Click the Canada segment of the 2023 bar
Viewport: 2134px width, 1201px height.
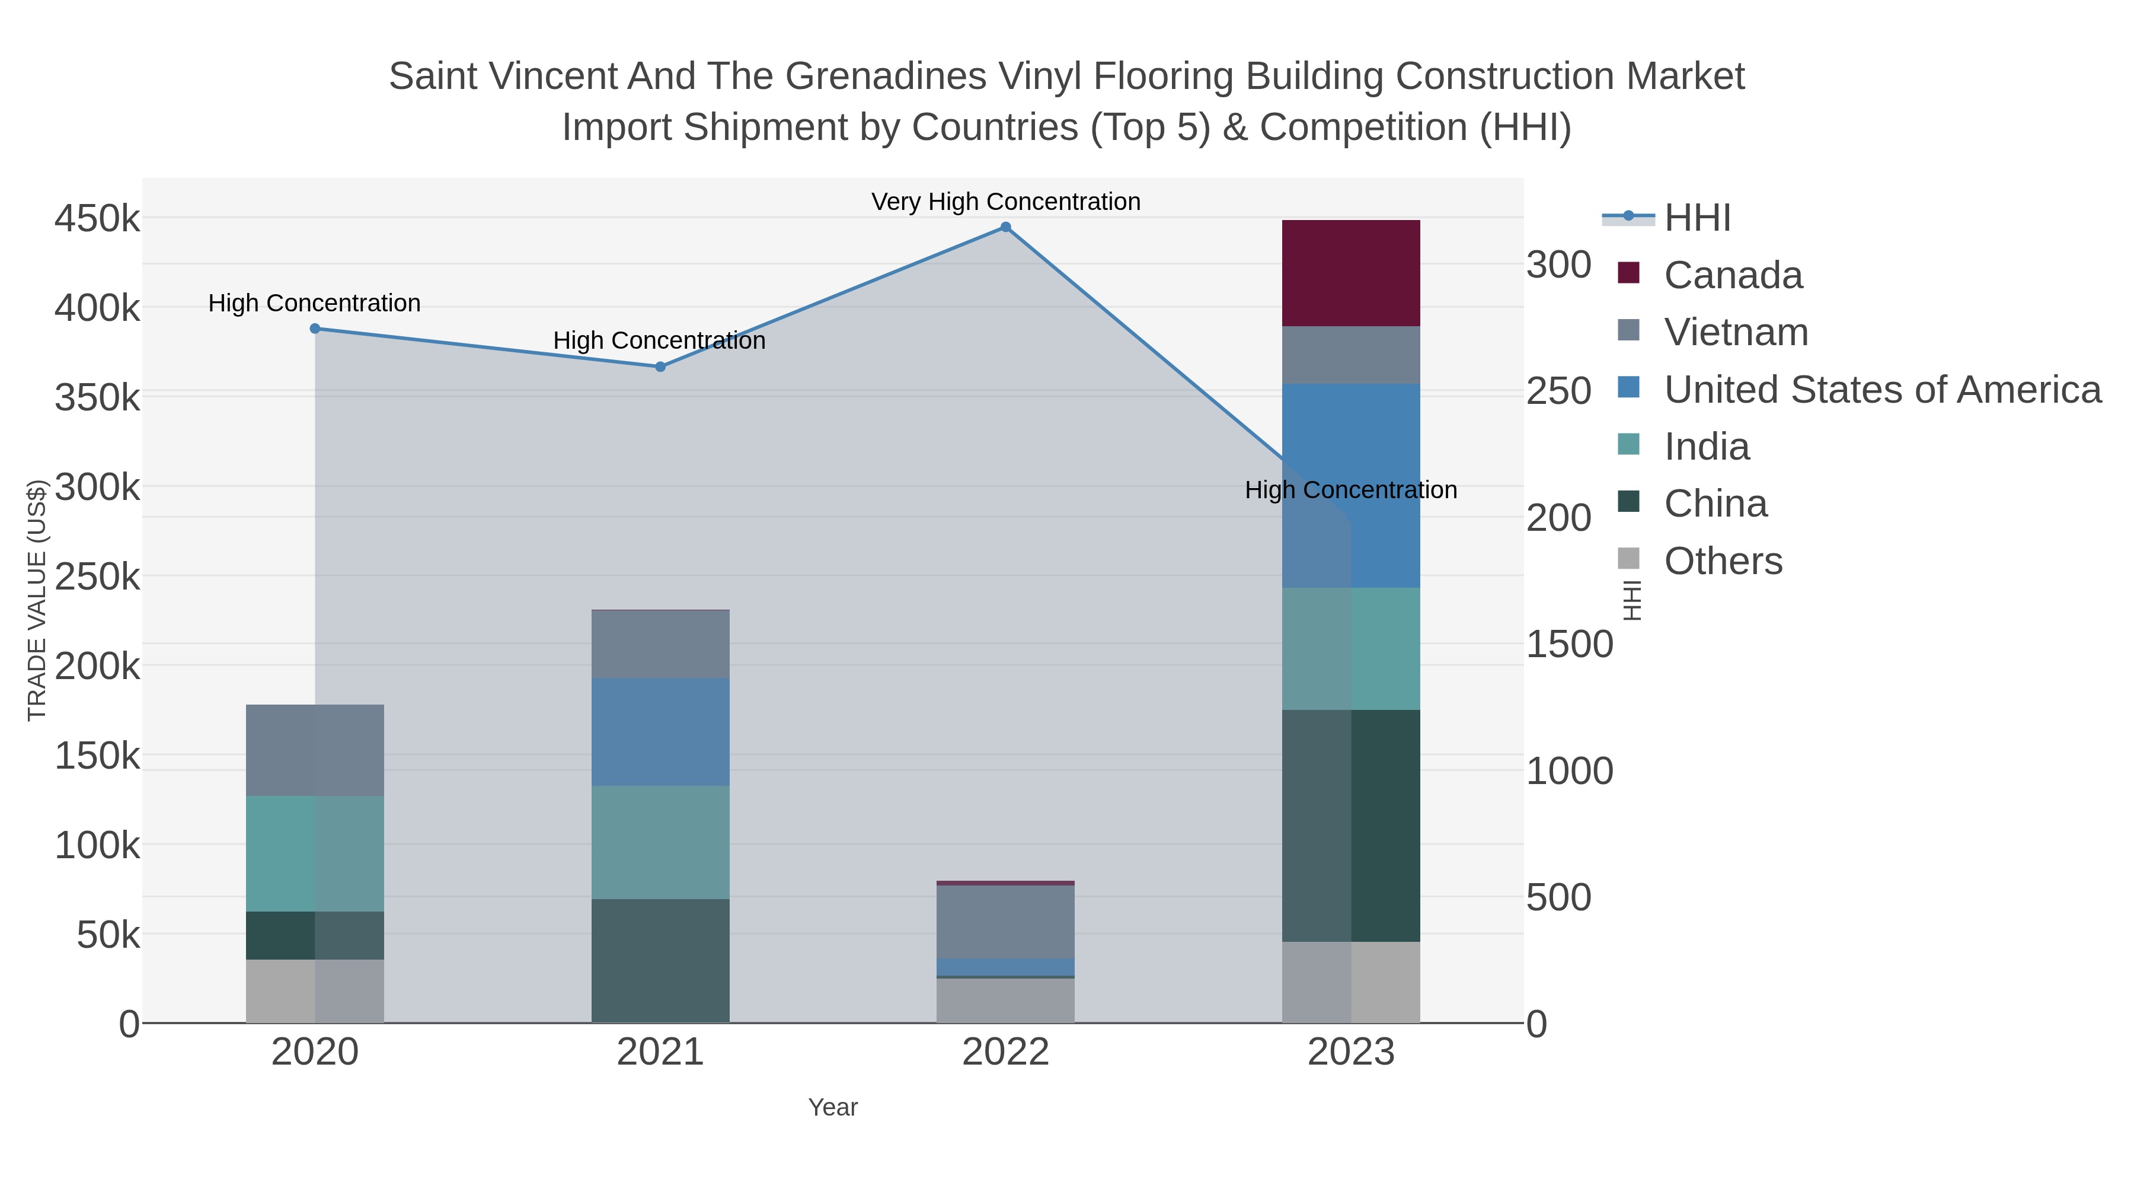[1350, 273]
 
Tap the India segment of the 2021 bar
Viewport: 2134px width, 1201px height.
[660, 842]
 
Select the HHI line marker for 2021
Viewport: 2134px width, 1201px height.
[660, 367]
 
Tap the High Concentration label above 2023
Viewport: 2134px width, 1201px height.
[1350, 490]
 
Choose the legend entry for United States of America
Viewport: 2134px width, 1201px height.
[1882, 390]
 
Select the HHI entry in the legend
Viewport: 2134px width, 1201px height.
[1697, 218]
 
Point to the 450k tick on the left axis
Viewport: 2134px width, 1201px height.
[97, 219]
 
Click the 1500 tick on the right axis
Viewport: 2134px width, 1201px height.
[1569, 645]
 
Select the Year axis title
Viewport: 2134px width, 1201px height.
[833, 1107]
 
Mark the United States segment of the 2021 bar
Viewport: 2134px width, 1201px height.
[660, 732]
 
